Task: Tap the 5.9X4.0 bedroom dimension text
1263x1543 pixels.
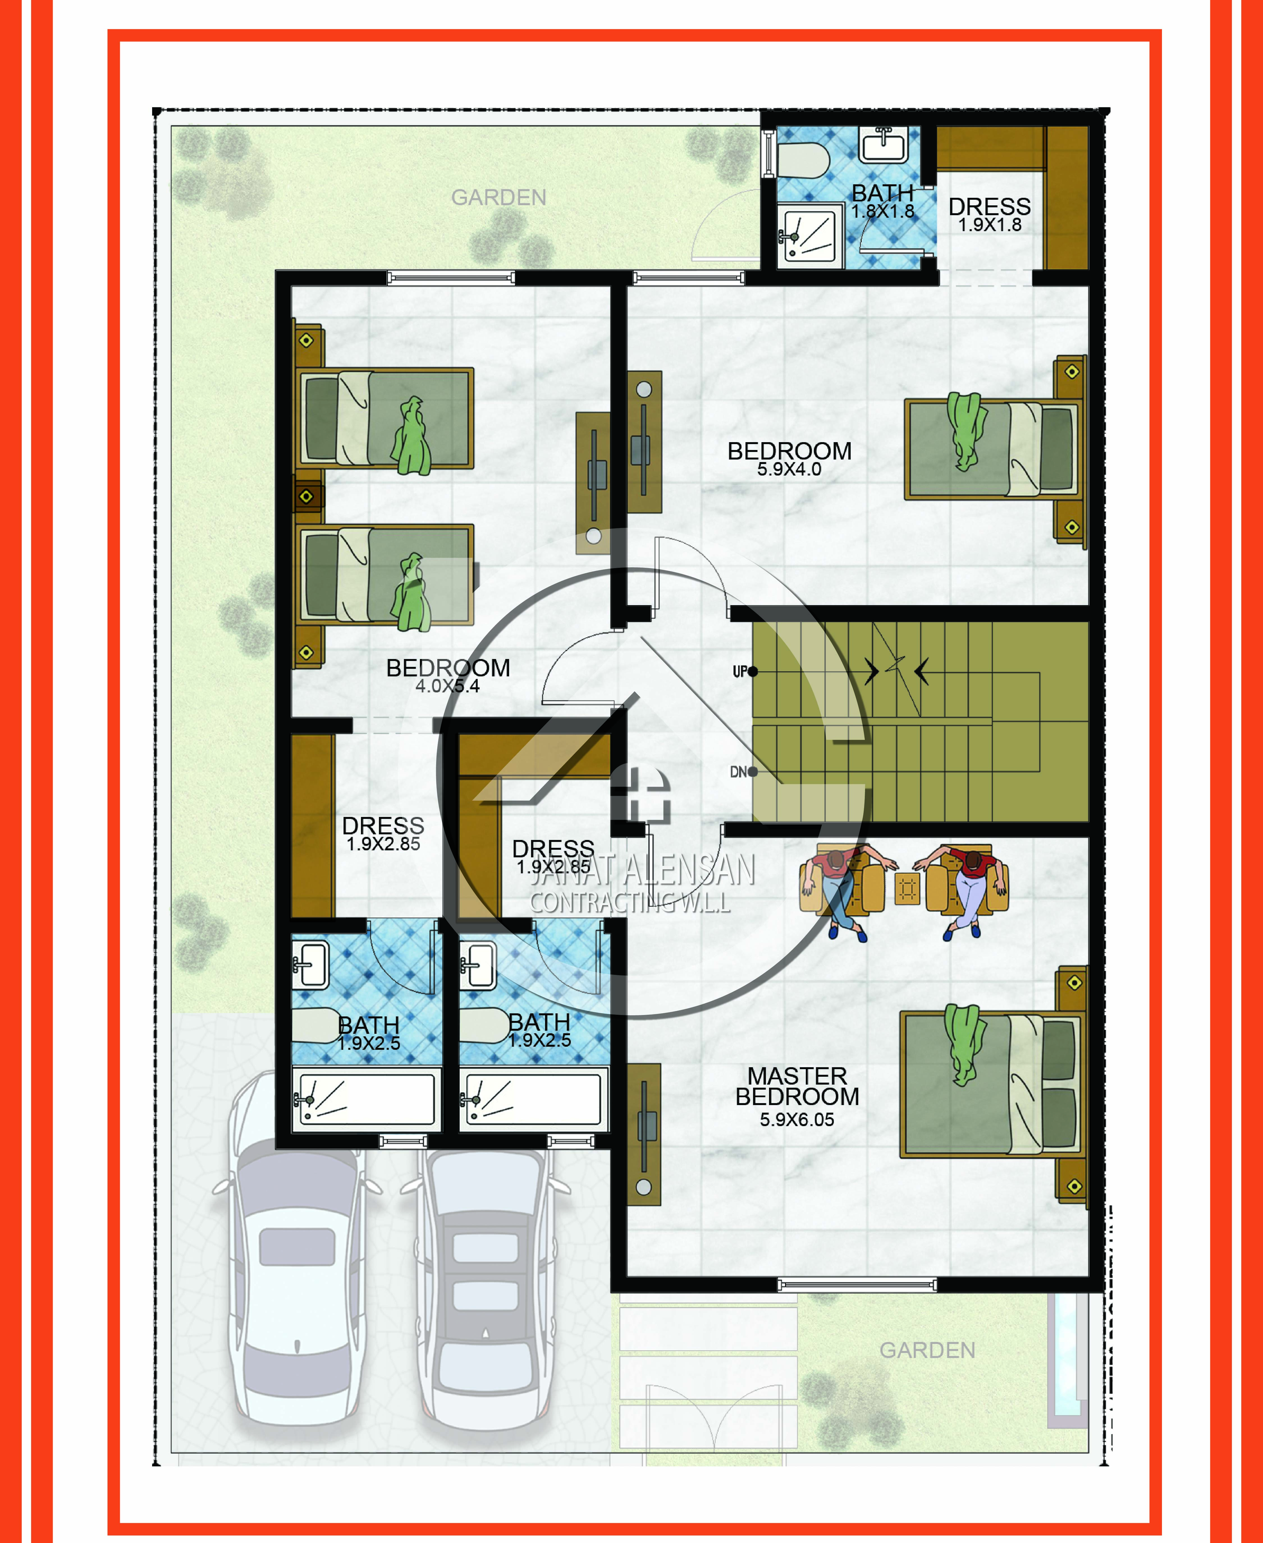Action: pos(789,469)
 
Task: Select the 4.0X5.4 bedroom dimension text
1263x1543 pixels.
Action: pos(447,686)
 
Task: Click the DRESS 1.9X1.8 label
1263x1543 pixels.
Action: pos(989,214)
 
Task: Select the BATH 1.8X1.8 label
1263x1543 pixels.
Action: pos(882,201)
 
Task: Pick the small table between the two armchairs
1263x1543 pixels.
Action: pos(907,888)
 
